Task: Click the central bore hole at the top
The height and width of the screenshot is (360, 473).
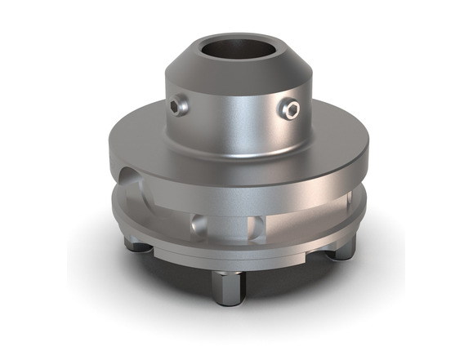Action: point(236,51)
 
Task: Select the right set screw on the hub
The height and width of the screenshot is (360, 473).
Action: point(291,109)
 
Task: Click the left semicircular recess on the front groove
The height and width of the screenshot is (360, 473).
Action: point(196,222)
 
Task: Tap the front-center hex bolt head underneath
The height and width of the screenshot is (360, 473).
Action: point(229,286)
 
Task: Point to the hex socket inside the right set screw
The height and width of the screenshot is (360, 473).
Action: point(291,109)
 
